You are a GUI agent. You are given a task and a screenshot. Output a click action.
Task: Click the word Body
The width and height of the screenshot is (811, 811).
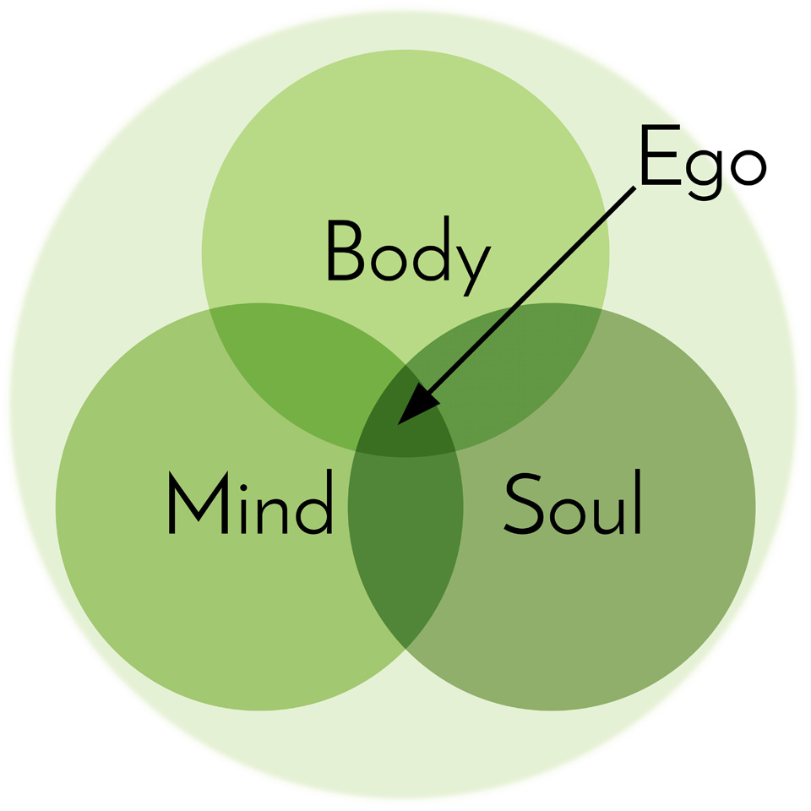409,255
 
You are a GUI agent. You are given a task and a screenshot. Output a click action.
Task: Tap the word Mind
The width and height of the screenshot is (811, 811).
250,501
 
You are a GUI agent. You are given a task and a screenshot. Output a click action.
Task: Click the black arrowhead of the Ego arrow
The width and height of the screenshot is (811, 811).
416,406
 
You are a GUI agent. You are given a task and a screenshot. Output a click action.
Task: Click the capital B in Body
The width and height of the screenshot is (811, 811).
345,250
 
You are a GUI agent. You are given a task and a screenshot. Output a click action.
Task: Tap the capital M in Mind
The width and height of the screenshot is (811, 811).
199,502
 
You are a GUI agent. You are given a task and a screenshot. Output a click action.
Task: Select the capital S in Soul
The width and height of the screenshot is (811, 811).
522,503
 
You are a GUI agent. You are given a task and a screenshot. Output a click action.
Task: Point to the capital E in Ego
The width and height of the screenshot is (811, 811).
661,155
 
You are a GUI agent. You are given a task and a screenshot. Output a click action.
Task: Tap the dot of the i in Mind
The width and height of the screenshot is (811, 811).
243,487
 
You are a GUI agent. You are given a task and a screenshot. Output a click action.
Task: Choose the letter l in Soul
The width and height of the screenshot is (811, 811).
638,501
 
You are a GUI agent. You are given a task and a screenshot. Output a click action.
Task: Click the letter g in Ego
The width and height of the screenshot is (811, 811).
704,172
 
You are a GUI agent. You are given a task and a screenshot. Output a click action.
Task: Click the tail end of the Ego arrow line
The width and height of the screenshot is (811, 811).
634,188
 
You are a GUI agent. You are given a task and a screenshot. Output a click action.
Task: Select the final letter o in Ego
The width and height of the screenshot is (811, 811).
748,166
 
